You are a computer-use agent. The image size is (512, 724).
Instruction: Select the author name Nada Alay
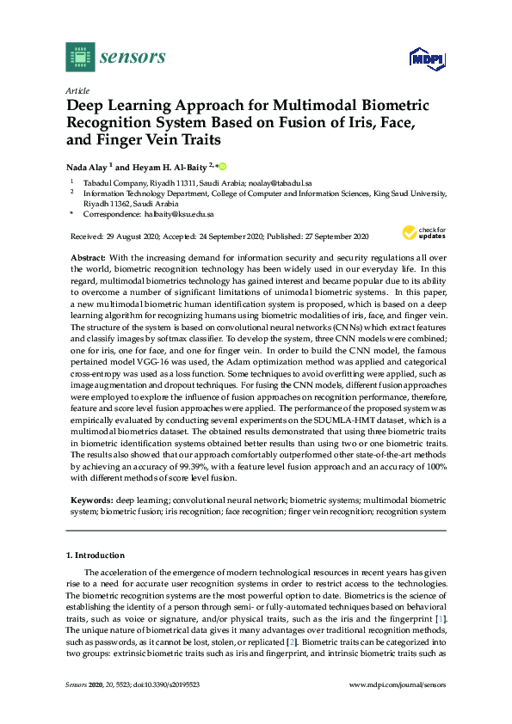86,167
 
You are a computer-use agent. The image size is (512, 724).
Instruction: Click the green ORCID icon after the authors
223,166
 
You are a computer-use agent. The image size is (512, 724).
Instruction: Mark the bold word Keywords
91,500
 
